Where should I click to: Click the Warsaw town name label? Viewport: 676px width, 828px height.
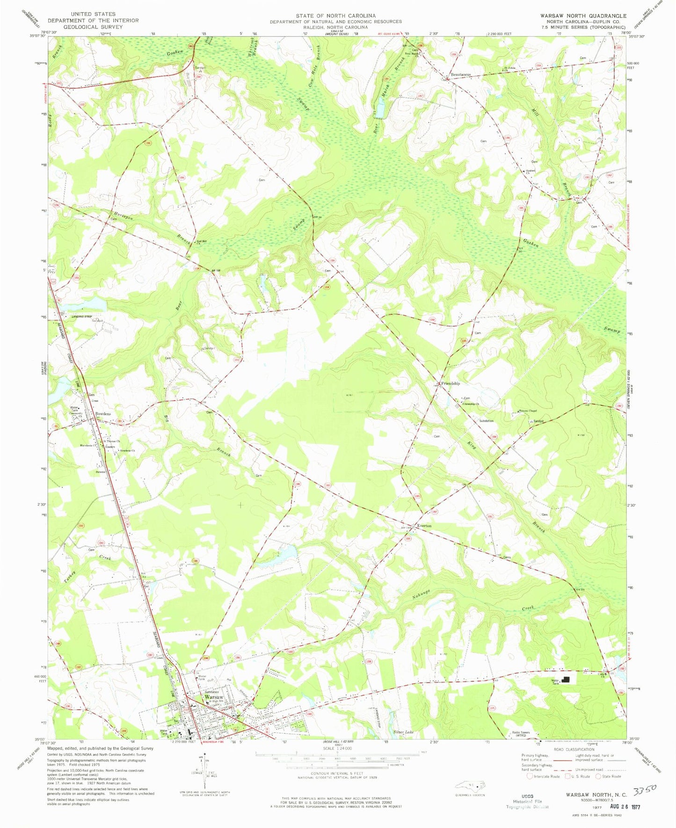coord(214,697)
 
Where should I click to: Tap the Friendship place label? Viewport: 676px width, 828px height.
coord(450,383)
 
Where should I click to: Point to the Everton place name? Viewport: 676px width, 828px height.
coord(424,526)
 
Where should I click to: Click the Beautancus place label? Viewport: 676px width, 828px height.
coord(460,75)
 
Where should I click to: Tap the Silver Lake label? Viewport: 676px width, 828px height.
coord(403,732)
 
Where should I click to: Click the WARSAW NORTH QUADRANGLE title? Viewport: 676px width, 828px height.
coord(583,16)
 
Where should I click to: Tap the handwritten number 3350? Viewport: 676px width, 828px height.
coord(644,790)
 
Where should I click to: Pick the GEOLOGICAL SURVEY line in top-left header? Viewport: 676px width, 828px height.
coord(89,27)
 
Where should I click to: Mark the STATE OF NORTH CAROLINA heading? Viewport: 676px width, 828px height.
coord(335,16)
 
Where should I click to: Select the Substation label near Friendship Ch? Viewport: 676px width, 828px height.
coord(486,421)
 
